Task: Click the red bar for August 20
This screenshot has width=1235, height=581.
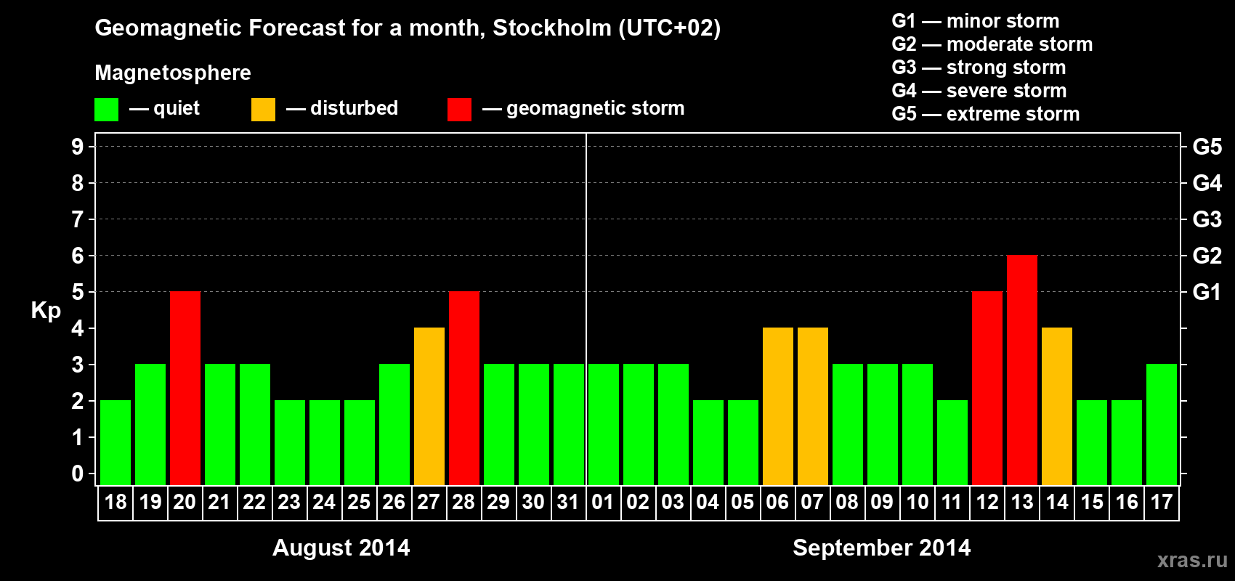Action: pyautogui.click(x=185, y=388)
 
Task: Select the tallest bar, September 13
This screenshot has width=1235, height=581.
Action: pyautogui.click(x=1022, y=370)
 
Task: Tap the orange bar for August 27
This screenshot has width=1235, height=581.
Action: pyautogui.click(x=429, y=406)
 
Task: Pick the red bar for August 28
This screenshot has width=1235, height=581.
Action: pyautogui.click(x=464, y=388)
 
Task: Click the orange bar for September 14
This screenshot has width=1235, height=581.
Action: pyautogui.click(x=1057, y=406)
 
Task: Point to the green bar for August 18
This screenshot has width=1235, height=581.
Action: pyautogui.click(x=116, y=442)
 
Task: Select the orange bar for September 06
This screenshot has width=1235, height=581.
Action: pyautogui.click(x=778, y=406)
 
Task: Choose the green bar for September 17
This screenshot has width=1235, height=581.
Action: pyautogui.click(x=1162, y=424)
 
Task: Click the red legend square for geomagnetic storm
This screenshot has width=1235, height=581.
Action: pyautogui.click(x=459, y=110)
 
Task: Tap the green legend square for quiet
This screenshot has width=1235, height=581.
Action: pyautogui.click(x=107, y=110)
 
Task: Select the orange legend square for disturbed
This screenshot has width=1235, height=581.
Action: pyautogui.click(x=263, y=110)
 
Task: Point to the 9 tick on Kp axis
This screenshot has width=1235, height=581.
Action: pyautogui.click(x=78, y=147)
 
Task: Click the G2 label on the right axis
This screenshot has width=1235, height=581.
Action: pyautogui.click(x=1207, y=256)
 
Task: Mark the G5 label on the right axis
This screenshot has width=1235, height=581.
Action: pyautogui.click(x=1207, y=147)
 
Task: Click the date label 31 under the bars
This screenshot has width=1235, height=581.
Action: pyautogui.click(x=568, y=503)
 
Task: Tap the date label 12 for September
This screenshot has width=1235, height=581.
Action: pyautogui.click(x=987, y=503)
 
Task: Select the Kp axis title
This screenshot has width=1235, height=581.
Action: pyautogui.click(x=46, y=311)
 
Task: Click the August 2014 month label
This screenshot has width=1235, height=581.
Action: pyautogui.click(x=341, y=548)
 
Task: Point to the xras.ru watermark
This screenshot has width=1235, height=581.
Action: pyautogui.click(x=1192, y=560)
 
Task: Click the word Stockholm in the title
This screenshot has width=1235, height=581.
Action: pyautogui.click(x=552, y=28)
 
